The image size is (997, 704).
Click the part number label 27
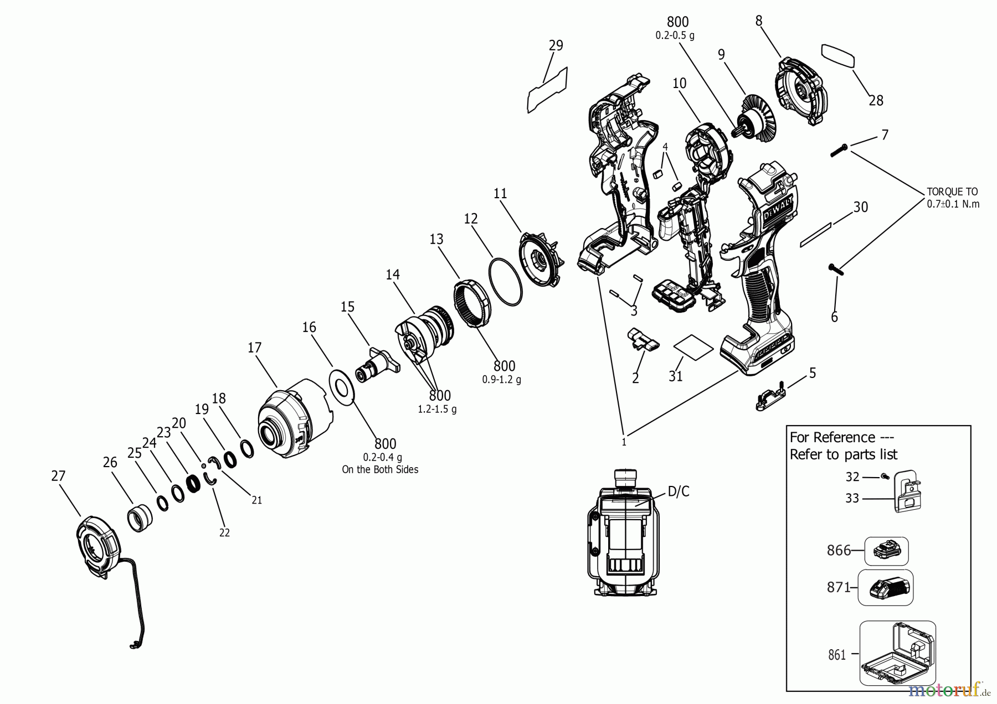click(x=58, y=476)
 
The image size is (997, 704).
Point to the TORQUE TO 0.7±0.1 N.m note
click(x=953, y=198)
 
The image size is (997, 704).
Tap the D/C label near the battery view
click(x=678, y=491)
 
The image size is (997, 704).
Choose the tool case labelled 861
click(x=897, y=653)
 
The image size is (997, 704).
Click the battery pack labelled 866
click(x=886, y=551)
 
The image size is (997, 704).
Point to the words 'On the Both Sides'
click(x=380, y=469)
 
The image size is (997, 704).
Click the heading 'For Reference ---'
click(x=832, y=437)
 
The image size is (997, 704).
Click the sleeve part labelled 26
click(x=142, y=518)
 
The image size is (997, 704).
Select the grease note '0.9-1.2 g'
click(x=502, y=380)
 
